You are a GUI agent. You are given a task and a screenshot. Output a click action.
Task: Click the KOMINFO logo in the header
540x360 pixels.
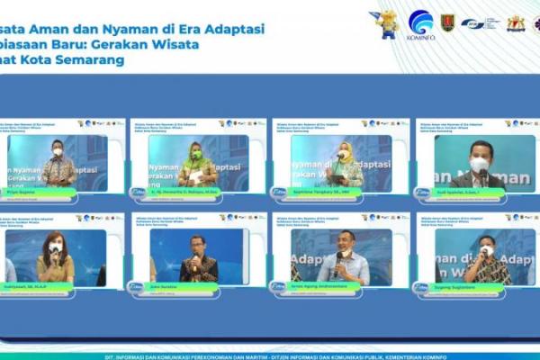(420, 24)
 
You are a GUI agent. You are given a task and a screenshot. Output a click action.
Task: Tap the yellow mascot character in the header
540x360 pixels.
(387, 24)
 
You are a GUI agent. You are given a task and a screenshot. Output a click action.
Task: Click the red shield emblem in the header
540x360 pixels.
(447, 22)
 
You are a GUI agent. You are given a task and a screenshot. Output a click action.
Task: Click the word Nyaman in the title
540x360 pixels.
(111, 29)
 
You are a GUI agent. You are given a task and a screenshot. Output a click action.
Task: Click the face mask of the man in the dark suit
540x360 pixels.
(480, 165)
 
